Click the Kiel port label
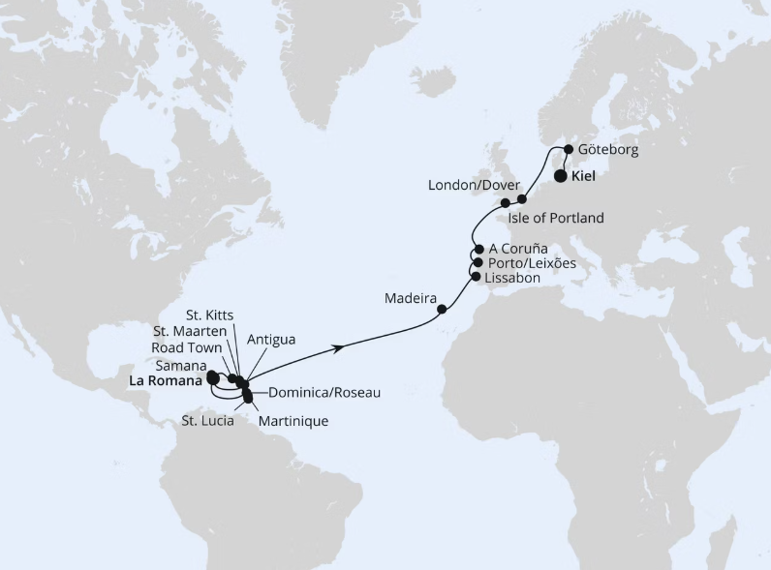click(x=583, y=178)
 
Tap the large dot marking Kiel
click(x=561, y=177)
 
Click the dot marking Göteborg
click(x=569, y=150)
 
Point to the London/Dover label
click(x=474, y=185)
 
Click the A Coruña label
click(x=519, y=249)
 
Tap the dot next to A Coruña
click(x=478, y=249)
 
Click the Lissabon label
click(x=512, y=277)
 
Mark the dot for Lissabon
click(x=475, y=277)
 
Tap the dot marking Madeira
click(x=443, y=310)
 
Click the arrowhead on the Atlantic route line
click(x=341, y=345)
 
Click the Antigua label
click(x=271, y=339)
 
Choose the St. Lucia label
click(x=208, y=420)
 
